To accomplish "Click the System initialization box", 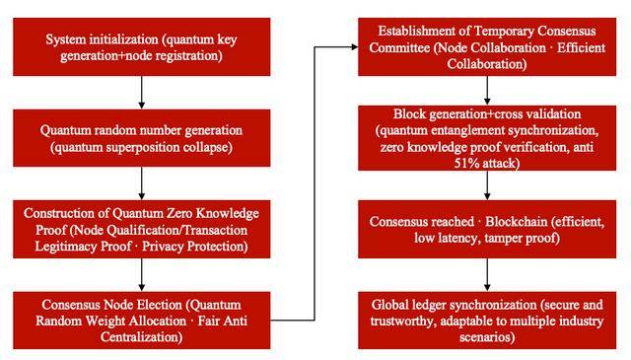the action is pyautogui.click(x=142, y=46).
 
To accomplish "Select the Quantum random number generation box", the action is pyautogui.click(x=142, y=138).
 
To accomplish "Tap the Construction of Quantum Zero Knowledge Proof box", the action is pyautogui.click(x=142, y=229).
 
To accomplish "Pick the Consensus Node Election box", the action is pyautogui.click(x=142, y=321).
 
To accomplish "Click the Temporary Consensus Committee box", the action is pyautogui.click(x=487, y=46).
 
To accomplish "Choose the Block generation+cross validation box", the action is pyautogui.click(x=487, y=138).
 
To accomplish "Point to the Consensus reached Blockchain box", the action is pyautogui.click(x=487, y=229).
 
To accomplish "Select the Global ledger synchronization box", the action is pyautogui.click(x=487, y=321).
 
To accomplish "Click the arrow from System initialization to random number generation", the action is pyautogui.click(x=142, y=92).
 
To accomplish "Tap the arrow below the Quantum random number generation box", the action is pyautogui.click(x=142, y=183).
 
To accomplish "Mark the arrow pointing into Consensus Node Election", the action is pyautogui.click(x=142, y=275).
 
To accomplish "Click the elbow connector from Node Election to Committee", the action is pyautogui.click(x=315, y=183).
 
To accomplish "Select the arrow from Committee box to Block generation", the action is pyautogui.click(x=487, y=91).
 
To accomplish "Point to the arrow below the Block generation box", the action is pyautogui.click(x=487, y=185).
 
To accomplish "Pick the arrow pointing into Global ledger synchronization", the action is pyautogui.click(x=487, y=275).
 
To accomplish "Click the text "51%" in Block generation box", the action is pyautogui.click(x=464, y=163).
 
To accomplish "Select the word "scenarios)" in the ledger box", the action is pyautogui.click(x=487, y=336).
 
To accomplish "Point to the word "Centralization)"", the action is pyautogui.click(x=141, y=336).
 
